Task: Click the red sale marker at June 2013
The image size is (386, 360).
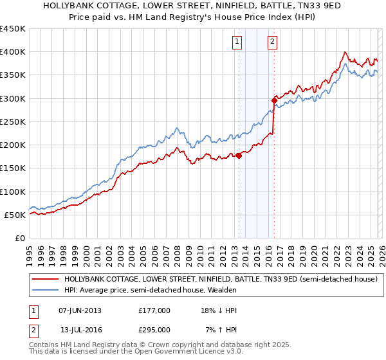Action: pos(239,155)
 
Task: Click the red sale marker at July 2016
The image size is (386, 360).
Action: pos(274,100)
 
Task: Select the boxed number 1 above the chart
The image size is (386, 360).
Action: pos(237,42)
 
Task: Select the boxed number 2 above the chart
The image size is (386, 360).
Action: pos(272,42)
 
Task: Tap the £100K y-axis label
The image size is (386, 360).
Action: pos(13,192)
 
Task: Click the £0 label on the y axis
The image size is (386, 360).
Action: pos(19,238)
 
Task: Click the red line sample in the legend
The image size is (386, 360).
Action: pos(45,280)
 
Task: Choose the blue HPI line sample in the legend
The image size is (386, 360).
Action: pos(45,291)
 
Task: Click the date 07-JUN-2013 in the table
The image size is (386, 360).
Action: pos(80,310)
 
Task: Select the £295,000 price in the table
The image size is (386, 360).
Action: pos(154,330)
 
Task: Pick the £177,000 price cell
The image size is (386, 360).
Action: pos(154,310)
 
